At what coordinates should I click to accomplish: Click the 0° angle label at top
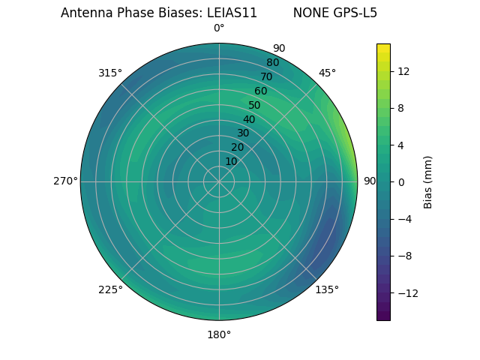(x=219, y=28)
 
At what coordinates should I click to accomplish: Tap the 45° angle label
(x=327, y=73)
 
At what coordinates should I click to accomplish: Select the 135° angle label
(x=327, y=289)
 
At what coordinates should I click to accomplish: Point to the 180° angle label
(x=219, y=334)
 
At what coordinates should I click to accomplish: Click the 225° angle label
(x=110, y=289)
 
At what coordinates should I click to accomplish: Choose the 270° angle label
(x=65, y=181)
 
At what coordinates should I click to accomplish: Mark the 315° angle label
(x=110, y=73)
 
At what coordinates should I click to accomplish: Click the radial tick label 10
(x=231, y=161)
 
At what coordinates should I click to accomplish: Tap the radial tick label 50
(x=254, y=106)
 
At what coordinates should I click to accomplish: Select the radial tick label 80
(x=272, y=63)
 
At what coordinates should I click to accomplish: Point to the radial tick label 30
(x=243, y=133)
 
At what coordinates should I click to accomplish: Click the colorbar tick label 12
(x=403, y=71)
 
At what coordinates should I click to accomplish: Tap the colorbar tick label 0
(x=401, y=181)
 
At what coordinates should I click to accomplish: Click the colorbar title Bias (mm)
(x=428, y=181)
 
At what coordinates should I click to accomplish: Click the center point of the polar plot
(x=219, y=181)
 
